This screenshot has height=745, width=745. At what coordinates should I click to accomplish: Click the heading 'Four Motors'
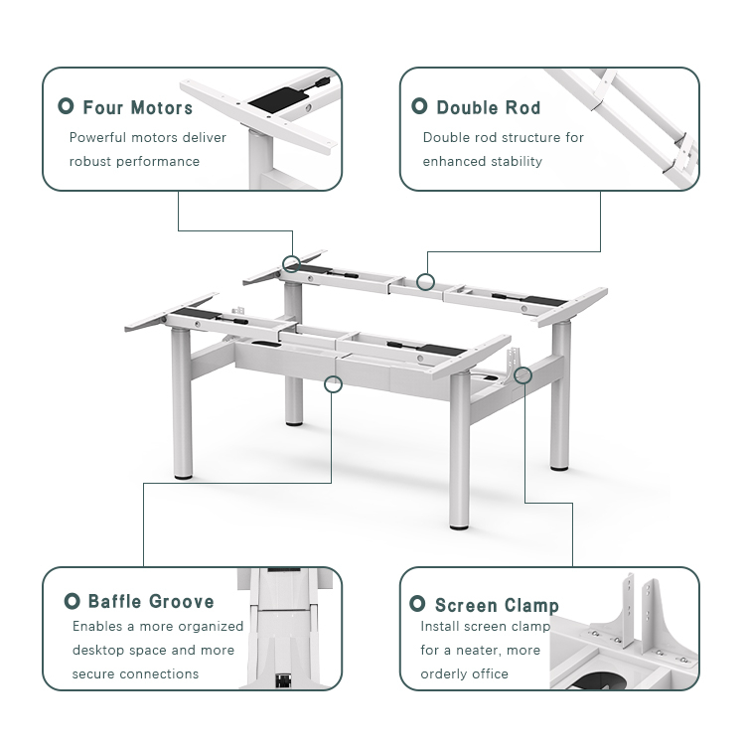(137, 107)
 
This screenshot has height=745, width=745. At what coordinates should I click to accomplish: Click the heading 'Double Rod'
(488, 107)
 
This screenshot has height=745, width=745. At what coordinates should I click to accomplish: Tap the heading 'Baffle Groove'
(150, 601)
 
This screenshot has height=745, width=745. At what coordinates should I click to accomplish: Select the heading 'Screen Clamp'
(497, 605)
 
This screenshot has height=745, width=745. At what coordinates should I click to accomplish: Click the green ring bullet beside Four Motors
(66, 106)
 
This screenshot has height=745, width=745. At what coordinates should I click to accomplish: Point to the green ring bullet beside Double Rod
(419, 106)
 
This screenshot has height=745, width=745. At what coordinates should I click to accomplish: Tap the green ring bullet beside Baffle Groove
(72, 601)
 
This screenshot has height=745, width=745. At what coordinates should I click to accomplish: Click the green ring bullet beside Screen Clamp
(418, 605)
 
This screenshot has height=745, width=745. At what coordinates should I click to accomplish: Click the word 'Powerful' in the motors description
(97, 138)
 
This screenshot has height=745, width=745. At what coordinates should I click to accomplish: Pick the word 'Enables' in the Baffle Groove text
(96, 627)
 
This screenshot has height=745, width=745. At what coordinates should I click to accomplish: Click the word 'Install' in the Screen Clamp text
(442, 627)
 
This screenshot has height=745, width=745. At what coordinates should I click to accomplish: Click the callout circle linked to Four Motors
(291, 263)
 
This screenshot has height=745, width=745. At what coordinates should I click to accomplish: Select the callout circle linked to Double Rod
(425, 282)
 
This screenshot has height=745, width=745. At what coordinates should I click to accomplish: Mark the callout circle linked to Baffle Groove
(333, 382)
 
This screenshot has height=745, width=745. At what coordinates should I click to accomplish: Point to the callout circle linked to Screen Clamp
(523, 374)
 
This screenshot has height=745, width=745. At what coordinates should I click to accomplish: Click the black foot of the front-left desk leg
(183, 478)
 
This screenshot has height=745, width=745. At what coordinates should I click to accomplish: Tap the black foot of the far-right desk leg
(560, 467)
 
